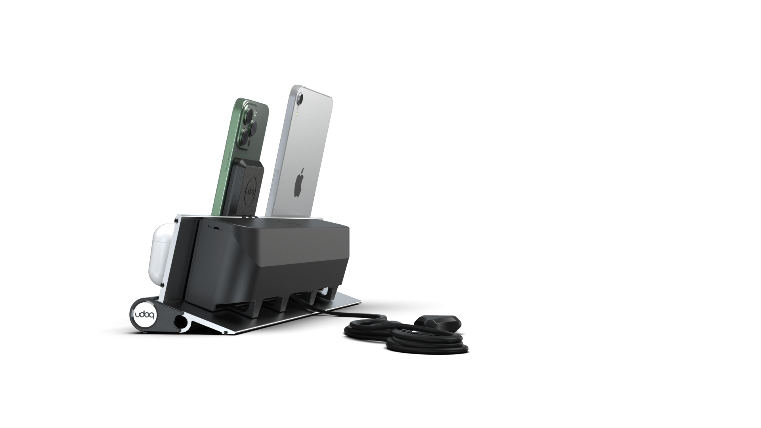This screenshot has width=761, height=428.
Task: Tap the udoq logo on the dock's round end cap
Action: tap(145, 315)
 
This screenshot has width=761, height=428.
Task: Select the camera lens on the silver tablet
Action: tap(300, 97)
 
